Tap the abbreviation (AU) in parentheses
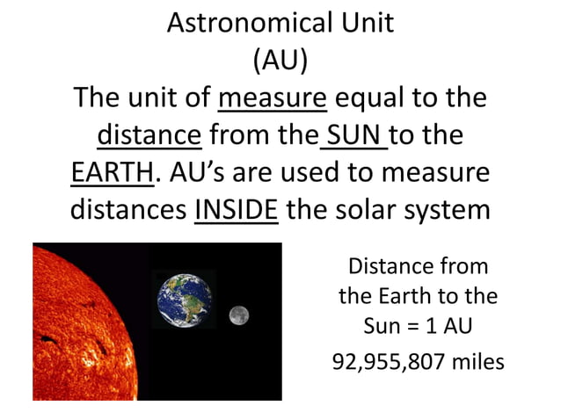click(280, 62)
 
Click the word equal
click(371, 98)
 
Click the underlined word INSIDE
click(236, 212)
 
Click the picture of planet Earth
click(185, 297)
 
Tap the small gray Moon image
click(237, 315)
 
